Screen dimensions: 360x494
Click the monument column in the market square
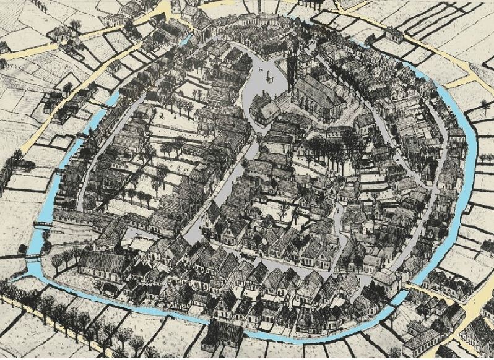point(269,75)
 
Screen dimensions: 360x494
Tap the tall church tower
point(290,68)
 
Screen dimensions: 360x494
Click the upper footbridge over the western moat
point(42,224)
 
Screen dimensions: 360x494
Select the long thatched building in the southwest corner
point(102,263)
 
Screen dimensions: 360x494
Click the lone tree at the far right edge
point(484,105)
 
